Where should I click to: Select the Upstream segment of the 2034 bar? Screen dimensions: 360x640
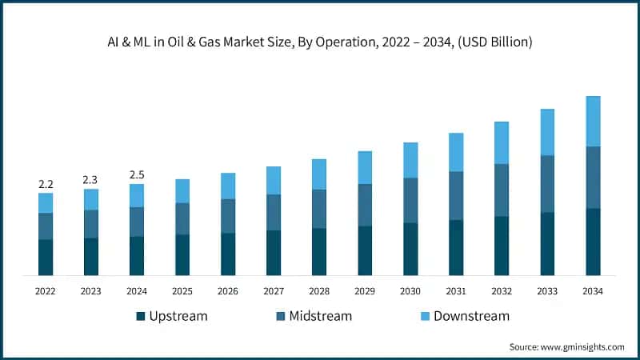[x=593, y=242]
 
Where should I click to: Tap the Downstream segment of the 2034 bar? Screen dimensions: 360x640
[x=593, y=121]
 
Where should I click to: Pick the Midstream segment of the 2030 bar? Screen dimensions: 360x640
[x=410, y=200]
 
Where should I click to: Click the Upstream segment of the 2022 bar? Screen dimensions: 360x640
[x=46, y=257]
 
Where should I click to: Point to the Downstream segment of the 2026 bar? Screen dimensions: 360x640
[x=228, y=186]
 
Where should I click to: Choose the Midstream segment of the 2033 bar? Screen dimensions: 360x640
[x=547, y=183]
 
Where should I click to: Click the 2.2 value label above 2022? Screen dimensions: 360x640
[x=46, y=184]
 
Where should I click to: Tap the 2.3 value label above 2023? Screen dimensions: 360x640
[x=91, y=180]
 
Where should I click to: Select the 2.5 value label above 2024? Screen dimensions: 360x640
[x=137, y=175]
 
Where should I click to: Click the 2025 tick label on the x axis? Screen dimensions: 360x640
[x=182, y=291]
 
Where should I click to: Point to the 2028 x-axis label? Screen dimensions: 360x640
[x=319, y=291]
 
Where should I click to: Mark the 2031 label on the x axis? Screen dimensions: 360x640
[x=456, y=291]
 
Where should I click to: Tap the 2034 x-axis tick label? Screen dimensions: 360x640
[x=593, y=291]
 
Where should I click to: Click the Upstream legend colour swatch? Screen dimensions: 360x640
[x=142, y=316]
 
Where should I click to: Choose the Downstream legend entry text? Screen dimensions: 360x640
[x=471, y=316]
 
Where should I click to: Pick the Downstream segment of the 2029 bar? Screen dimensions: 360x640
[x=365, y=167]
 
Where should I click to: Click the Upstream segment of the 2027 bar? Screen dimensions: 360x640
[x=274, y=253]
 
